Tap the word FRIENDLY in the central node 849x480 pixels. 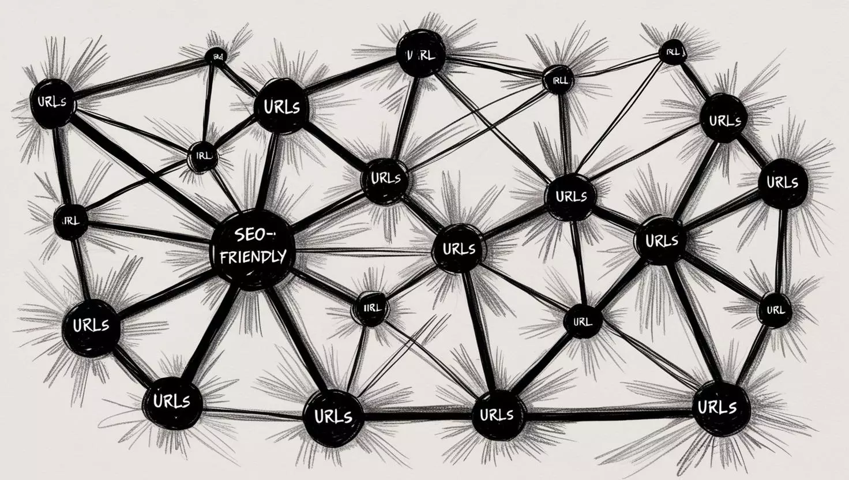tap(253, 256)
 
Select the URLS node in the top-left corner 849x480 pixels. tap(51, 103)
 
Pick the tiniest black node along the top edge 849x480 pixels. tap(216, 56)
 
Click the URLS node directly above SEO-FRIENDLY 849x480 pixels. tap(281, 107)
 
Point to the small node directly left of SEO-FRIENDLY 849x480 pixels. tap(71, 220)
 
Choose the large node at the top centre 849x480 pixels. tap(421, 54)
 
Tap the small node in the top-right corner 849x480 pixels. tap(674, 52)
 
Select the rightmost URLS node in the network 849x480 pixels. tap(782, 182)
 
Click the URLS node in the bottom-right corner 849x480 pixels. tap(717, 407)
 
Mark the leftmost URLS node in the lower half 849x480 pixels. tap(91, 325)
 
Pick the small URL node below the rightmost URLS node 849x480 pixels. tap(775, 310)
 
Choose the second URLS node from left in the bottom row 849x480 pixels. tap(333, 415)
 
